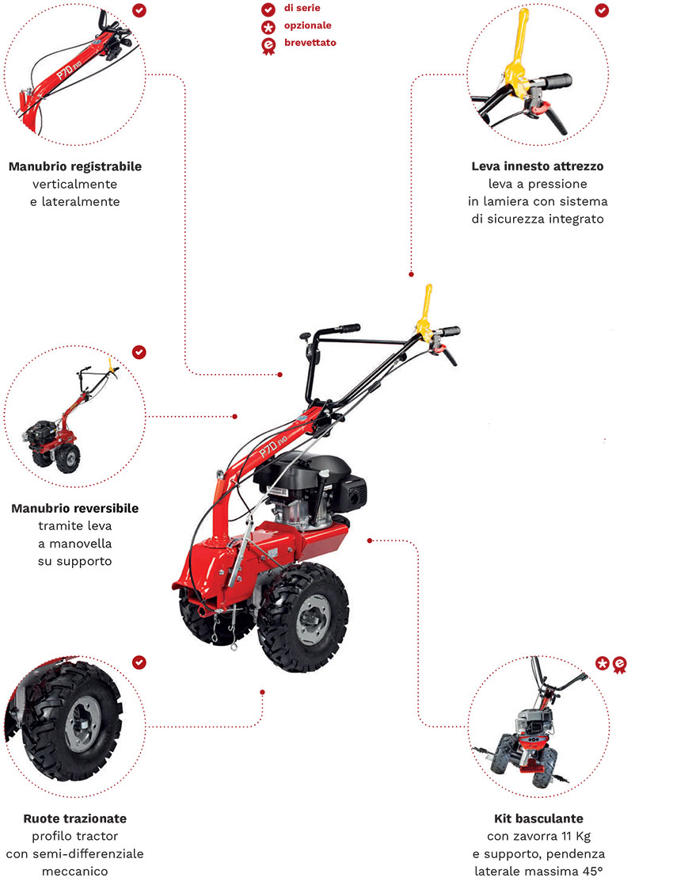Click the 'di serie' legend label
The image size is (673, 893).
point(302,9)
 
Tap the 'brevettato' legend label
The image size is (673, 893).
point(310,42)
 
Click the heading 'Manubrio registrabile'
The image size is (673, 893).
point(75,167)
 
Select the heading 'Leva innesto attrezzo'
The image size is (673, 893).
point(537,166)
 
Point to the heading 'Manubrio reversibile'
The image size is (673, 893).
point(75,508)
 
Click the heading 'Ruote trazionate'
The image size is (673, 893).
point(74,818)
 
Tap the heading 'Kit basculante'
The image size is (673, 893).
point(538,818)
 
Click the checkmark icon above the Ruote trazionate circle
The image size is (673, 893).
point(139,662)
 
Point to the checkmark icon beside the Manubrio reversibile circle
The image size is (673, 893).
point(139,351)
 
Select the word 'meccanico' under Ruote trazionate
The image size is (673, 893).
point(74,871)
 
